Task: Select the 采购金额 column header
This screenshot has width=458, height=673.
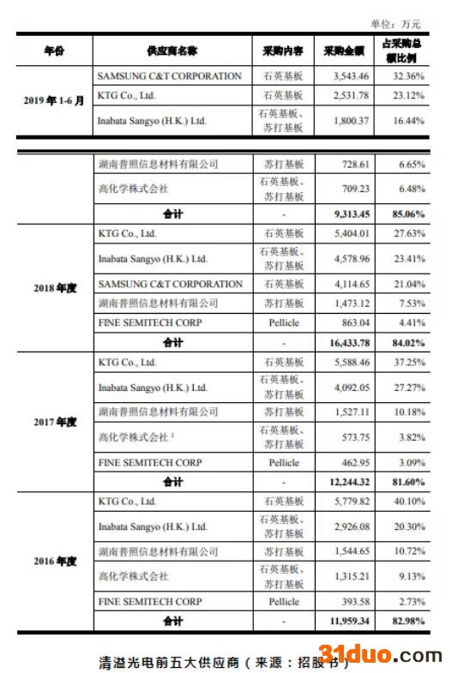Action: (344, 51)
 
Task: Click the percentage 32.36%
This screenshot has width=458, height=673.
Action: (402, 76)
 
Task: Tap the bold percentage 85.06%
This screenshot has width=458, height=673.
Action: (402, 213)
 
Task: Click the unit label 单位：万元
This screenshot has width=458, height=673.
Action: (395, 23)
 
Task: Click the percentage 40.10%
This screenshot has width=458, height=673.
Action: (402, 502)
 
